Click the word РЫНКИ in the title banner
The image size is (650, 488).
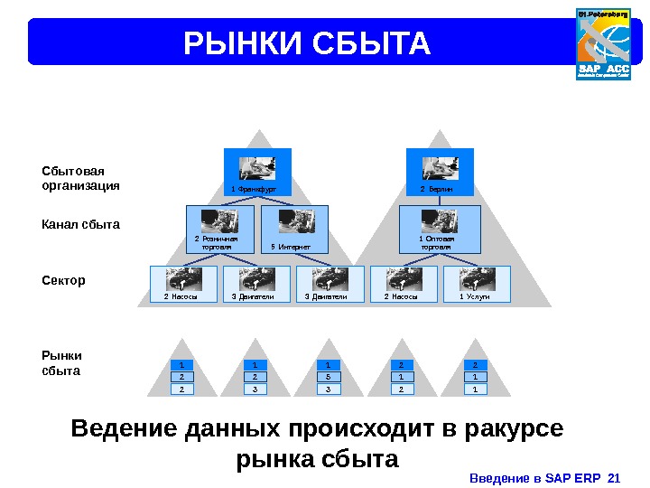(x=243, y=43)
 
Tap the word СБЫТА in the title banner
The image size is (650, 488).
(x=371, y=43)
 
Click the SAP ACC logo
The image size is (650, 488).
(x=602, y=44)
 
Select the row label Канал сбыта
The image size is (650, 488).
(x=81, y=224)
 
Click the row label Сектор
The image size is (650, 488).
(x=64, y=280)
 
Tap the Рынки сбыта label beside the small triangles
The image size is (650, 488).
(x=62, y=363)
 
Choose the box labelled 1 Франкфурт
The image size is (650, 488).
(x=257, y=172)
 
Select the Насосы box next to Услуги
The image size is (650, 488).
(x=403, y=284)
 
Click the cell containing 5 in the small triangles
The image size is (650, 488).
(x=329, y=377)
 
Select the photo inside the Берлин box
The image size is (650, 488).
(x=441, y=168)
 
